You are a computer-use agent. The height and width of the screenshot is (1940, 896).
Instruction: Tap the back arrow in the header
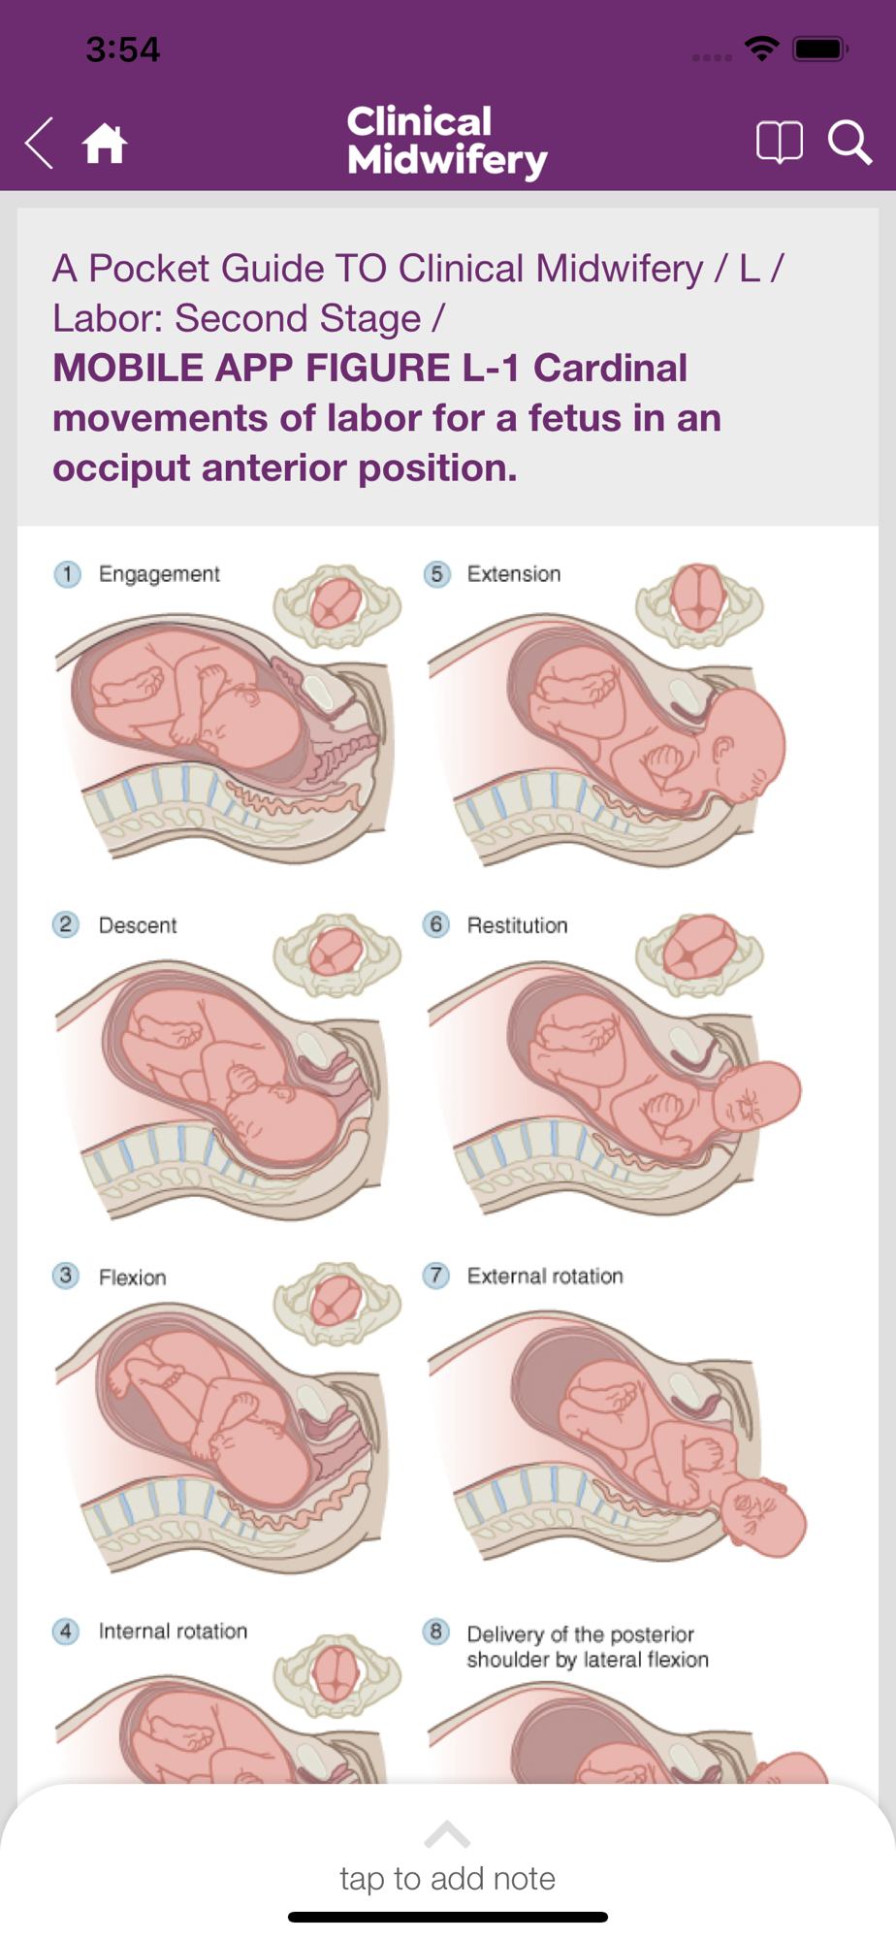coord(40,144)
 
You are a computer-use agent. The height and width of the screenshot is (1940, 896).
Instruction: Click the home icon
coord(105,145)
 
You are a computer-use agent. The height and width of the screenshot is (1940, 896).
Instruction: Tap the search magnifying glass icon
coord(849,143)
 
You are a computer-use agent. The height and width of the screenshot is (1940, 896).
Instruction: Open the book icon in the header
coord(779,143)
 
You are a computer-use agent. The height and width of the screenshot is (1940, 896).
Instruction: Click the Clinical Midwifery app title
coord(447,141)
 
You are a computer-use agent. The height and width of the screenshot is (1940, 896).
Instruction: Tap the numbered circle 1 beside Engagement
coord(67,574)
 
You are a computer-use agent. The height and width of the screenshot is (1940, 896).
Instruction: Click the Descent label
coord(138,925)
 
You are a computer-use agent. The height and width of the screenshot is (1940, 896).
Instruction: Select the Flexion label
coord(133,1277)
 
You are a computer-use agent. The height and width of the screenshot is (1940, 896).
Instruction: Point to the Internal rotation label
coord(173,1632)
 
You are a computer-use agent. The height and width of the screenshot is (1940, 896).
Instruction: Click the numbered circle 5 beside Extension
coord(437,574)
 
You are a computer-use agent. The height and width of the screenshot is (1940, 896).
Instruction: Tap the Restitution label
coord(517,925)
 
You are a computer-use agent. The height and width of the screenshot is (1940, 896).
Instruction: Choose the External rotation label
coord(545,1277)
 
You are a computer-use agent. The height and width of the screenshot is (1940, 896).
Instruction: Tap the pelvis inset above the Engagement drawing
coord(336,606)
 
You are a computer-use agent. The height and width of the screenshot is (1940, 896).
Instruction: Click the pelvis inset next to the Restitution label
coord(699,954)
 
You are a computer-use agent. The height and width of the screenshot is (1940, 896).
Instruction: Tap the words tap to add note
coord(447,1879)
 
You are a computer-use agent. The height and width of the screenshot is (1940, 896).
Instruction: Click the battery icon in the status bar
coord(819,48)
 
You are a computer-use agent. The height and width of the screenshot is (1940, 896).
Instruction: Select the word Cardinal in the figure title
coord(610,369)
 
